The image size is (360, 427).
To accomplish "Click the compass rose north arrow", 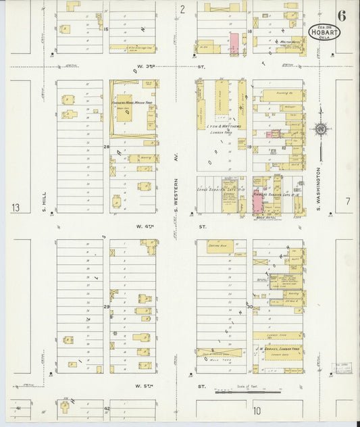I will point(322,128).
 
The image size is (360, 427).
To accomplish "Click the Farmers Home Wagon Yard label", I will point(132,102).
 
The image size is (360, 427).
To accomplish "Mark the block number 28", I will point(105,147).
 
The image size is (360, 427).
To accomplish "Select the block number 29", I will point(106,307).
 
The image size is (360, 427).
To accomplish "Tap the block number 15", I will point(106,30).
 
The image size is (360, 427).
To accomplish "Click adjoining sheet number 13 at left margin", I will point(16,207).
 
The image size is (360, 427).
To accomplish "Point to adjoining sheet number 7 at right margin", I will point(347,201).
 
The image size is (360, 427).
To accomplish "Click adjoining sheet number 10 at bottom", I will point(257,410).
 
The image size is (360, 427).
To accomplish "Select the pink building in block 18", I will point(234,43).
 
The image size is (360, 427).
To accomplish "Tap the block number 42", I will point(107,409).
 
